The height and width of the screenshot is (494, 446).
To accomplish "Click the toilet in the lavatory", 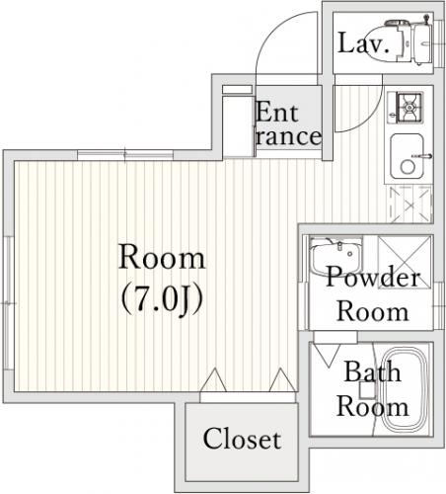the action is click(398, 42).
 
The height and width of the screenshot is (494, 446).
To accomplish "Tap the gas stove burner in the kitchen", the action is click(409, 108).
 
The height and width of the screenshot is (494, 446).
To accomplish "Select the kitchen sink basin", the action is click(407, 156).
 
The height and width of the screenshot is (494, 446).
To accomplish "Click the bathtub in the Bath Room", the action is click(405, 389).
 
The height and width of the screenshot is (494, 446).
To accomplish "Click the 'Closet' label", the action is click(242, 439).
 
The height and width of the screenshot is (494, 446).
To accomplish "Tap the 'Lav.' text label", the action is click(363, 43).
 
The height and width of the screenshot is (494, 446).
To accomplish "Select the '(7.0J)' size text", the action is click(162, 300).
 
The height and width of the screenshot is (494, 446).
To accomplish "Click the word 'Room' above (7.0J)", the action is click(162, 257).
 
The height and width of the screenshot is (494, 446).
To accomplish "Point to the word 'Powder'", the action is click(373, 277).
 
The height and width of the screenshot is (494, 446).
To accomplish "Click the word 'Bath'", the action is click(373, 371).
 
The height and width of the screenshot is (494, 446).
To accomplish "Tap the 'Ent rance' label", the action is click(288, 123).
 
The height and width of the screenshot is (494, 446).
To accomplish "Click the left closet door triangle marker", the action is click(214, 379).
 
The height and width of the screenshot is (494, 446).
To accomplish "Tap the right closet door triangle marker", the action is click(282, 379).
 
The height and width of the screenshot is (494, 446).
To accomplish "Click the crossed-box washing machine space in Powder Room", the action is click(405, 262).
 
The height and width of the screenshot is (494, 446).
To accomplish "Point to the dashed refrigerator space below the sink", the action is click(410, 205).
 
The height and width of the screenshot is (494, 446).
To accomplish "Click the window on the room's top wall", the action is click(125, 155).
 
